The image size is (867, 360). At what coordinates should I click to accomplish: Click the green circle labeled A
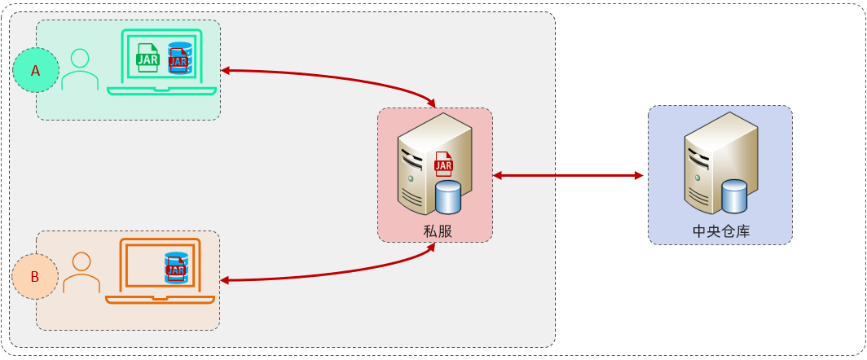(36, 71)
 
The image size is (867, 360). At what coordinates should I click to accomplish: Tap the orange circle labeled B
(35, 277)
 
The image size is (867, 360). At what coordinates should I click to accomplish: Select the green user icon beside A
(80, 71)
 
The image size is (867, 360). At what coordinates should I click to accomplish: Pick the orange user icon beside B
(81, 273)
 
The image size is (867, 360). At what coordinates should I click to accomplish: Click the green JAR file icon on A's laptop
(147, 58)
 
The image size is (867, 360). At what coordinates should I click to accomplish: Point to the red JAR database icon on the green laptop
(179, 58)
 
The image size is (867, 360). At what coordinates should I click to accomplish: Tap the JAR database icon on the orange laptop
(176, 267)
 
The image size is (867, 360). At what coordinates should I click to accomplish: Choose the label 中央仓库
(721, 231)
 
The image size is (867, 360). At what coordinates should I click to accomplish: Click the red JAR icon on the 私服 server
(443, 165)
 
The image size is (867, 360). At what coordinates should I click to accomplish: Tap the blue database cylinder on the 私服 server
(448, 197)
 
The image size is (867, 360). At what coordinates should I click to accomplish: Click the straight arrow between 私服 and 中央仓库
(568, 175)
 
